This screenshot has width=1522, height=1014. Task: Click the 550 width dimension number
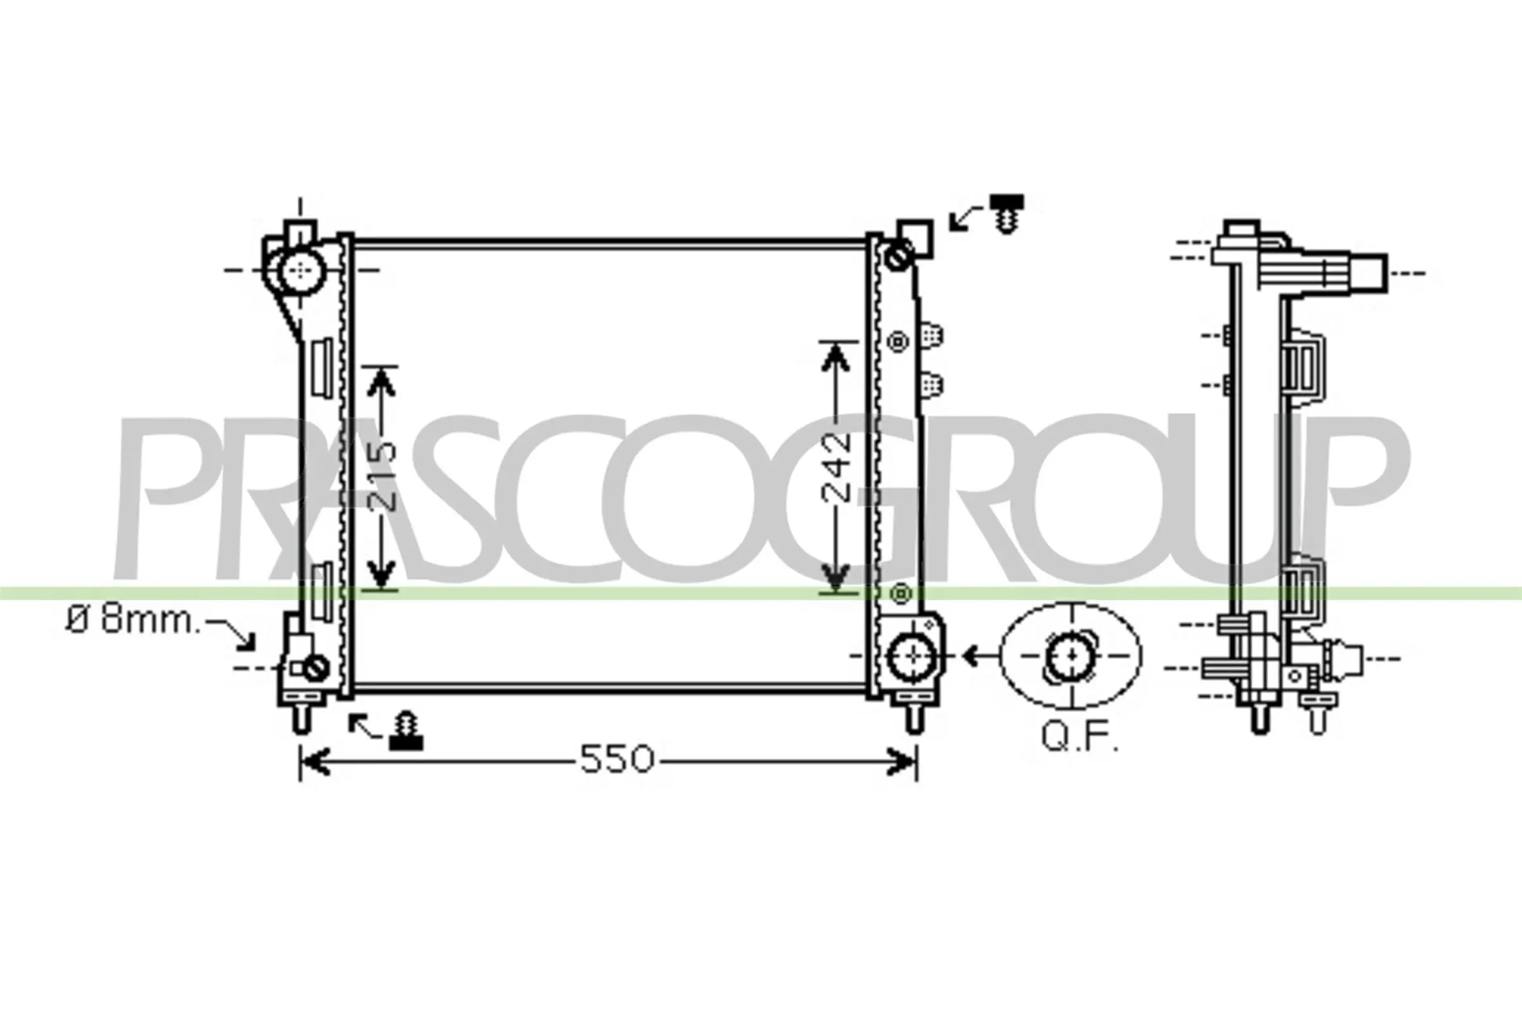(x=616, y=759)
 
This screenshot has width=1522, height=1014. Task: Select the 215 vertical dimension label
(x=384, y=475)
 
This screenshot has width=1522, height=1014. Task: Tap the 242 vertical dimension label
(x=836, y=468)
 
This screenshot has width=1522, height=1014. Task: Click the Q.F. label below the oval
(x=1079, y=736)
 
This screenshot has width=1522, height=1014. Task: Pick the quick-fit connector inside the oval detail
(x=1071, y=656)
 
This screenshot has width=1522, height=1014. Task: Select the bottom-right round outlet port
(x=913, y=657)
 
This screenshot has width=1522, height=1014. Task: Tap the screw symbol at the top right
(x=1006, y=214)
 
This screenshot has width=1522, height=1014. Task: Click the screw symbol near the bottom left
(x=407, y=732)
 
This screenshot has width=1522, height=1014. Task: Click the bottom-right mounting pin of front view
(x=913, y=719)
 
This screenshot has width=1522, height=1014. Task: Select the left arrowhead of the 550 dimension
(x=315, y=761)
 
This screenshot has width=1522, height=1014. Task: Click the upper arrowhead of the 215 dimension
(x=381, y=383)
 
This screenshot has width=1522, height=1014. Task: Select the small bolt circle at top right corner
(x=898, y=258)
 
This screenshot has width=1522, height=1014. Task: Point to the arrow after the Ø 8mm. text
(x=233, y=634)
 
